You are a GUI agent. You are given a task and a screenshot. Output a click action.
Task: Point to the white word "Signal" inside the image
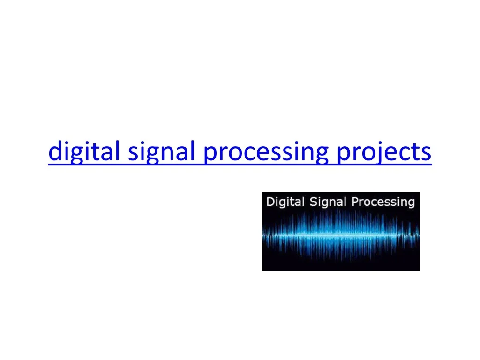[x=323, y=202]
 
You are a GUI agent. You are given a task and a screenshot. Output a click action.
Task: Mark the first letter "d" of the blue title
[x=55, y=152]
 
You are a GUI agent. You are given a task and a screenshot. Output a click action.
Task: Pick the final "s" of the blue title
[x=426, y=153]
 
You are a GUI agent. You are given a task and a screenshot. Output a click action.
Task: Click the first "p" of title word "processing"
[x=210, y=154]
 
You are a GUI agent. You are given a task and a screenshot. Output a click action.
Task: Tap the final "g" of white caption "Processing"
[x=411, y=203]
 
